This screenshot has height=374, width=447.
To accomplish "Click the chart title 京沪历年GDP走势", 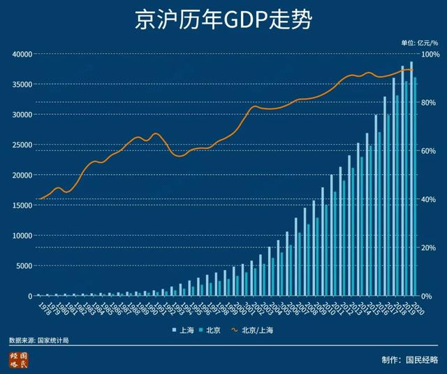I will click(223, 20).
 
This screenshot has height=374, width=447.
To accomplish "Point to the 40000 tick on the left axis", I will click(21, 54).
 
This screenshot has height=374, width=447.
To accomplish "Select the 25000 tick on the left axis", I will click(21, 145).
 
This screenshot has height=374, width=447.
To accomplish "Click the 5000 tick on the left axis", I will click(23, 266).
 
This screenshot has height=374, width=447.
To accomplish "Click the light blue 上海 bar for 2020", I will click(411, 178).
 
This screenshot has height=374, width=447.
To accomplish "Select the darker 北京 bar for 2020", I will click(416, 187).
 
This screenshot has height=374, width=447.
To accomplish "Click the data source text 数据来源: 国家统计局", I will click(39, 340).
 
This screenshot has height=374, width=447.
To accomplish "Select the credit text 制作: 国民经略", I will click(410, 360).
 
